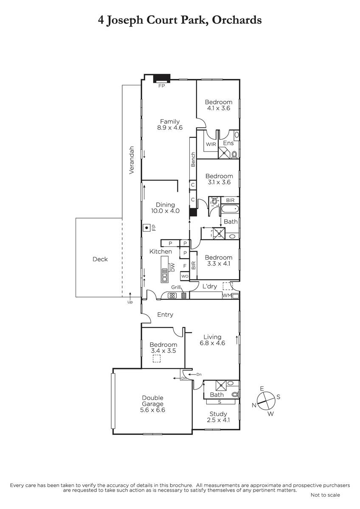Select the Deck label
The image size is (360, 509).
(100, 259)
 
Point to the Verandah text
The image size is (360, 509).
(132, 160)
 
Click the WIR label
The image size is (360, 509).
(211, 144)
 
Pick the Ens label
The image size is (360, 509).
(228, 143)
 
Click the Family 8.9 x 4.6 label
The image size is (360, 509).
(170, 125)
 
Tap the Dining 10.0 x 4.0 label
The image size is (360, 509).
(165, 208)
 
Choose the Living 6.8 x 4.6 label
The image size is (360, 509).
(212, 340)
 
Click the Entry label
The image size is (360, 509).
(165, 314)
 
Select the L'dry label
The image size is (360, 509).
(210, 286)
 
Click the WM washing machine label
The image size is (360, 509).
(227, 295)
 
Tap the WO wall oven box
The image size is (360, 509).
(185, 276)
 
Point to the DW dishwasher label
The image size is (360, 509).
(173, 267)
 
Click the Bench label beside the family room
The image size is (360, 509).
(193, 159)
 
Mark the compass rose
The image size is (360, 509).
(266, 401)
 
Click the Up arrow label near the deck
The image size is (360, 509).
(130, 302)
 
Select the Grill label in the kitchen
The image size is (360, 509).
(176, 287)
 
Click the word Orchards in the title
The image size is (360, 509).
(237, 20)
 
